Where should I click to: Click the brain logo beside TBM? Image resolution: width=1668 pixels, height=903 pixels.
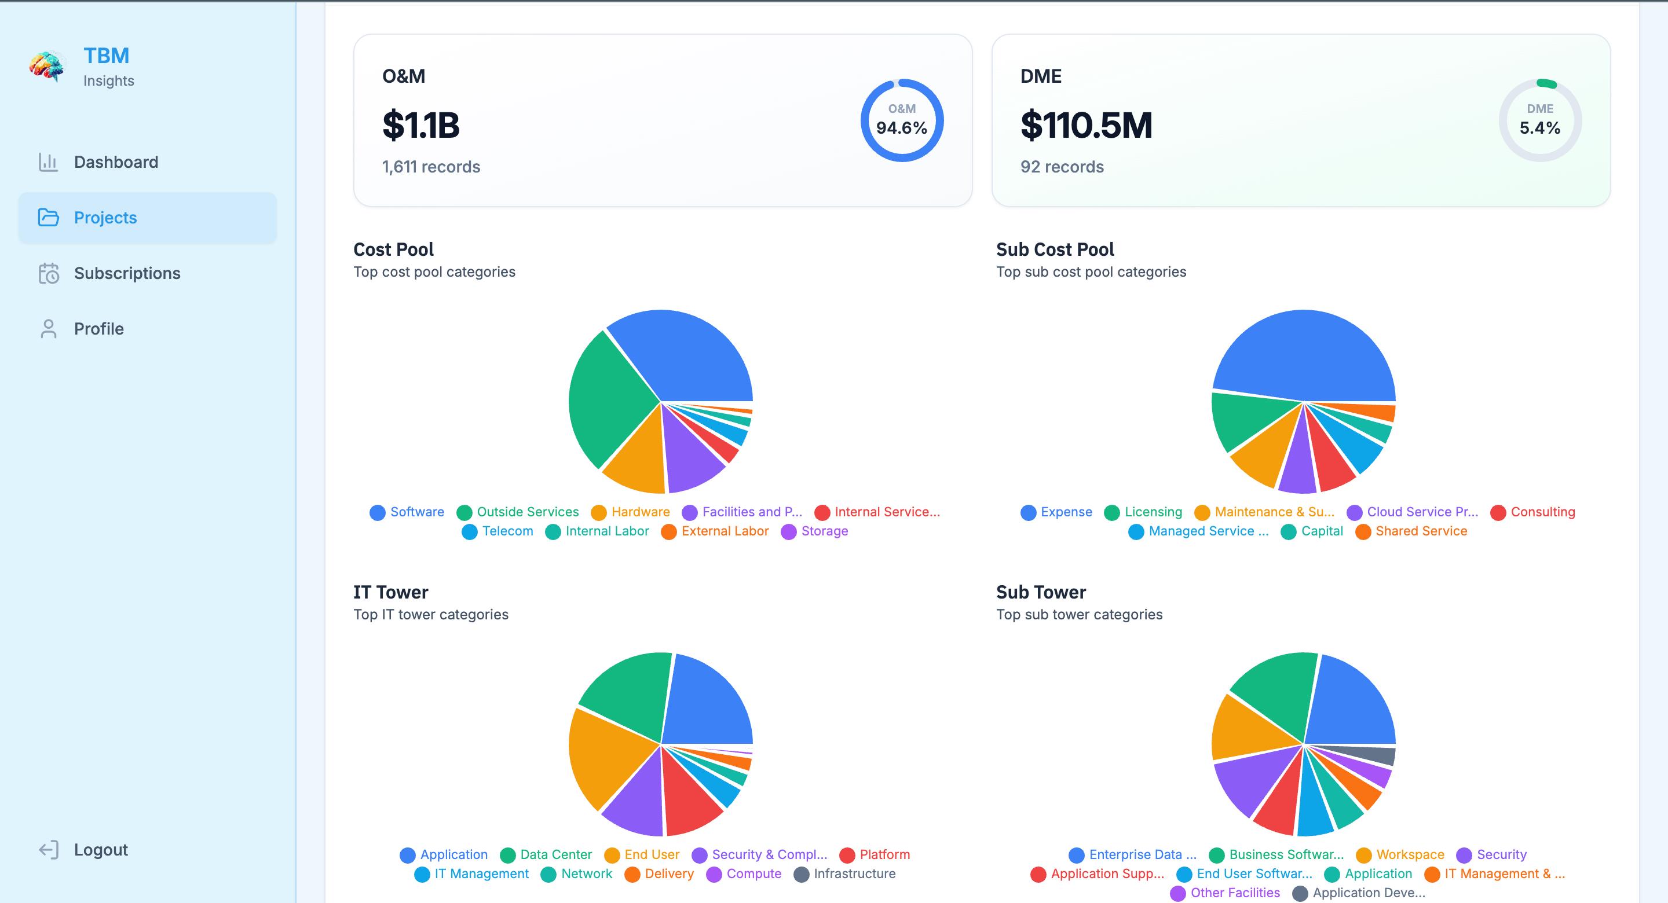click(x=46, y=67)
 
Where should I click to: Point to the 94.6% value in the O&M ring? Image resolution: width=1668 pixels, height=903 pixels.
click(x=901, y=127)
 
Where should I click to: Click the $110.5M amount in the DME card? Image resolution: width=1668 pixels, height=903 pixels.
click(x=1087, y=125)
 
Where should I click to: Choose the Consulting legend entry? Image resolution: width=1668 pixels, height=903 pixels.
click(x=1532, y=512)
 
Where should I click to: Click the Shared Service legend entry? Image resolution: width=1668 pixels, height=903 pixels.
click(x=1411, y=531)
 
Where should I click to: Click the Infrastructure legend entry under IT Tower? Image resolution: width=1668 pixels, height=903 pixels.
click(x=845, y=874)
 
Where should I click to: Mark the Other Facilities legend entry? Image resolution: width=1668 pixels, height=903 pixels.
click(x=1225, y=893)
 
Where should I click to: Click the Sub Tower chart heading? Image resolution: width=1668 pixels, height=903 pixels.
click(x=1041, y=592)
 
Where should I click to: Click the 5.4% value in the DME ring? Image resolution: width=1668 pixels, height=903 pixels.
click(x=1540, y=127)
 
